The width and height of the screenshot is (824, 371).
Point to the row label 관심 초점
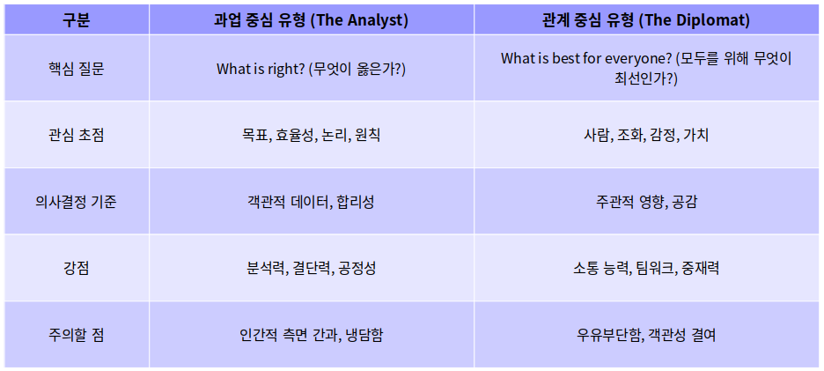pyautogui.click(x=76, y=135)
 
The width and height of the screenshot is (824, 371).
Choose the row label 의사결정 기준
pyautogui.click(x=76, y=202)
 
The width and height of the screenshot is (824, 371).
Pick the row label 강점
pyautogui.click(x=76, y=268)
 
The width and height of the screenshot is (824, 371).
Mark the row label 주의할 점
pyautogui.click(x=76, y=335)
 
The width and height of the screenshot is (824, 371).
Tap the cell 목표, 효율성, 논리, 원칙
pyautogui.click(x=311, y=135)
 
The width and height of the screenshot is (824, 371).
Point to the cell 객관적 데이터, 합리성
pyautogui.click(x=311, y=202)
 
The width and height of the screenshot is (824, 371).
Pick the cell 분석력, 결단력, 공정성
pyautogui.click(x=311, y=268)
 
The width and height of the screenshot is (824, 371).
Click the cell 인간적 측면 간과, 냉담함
pyautogui.click(x=311, y=335)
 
